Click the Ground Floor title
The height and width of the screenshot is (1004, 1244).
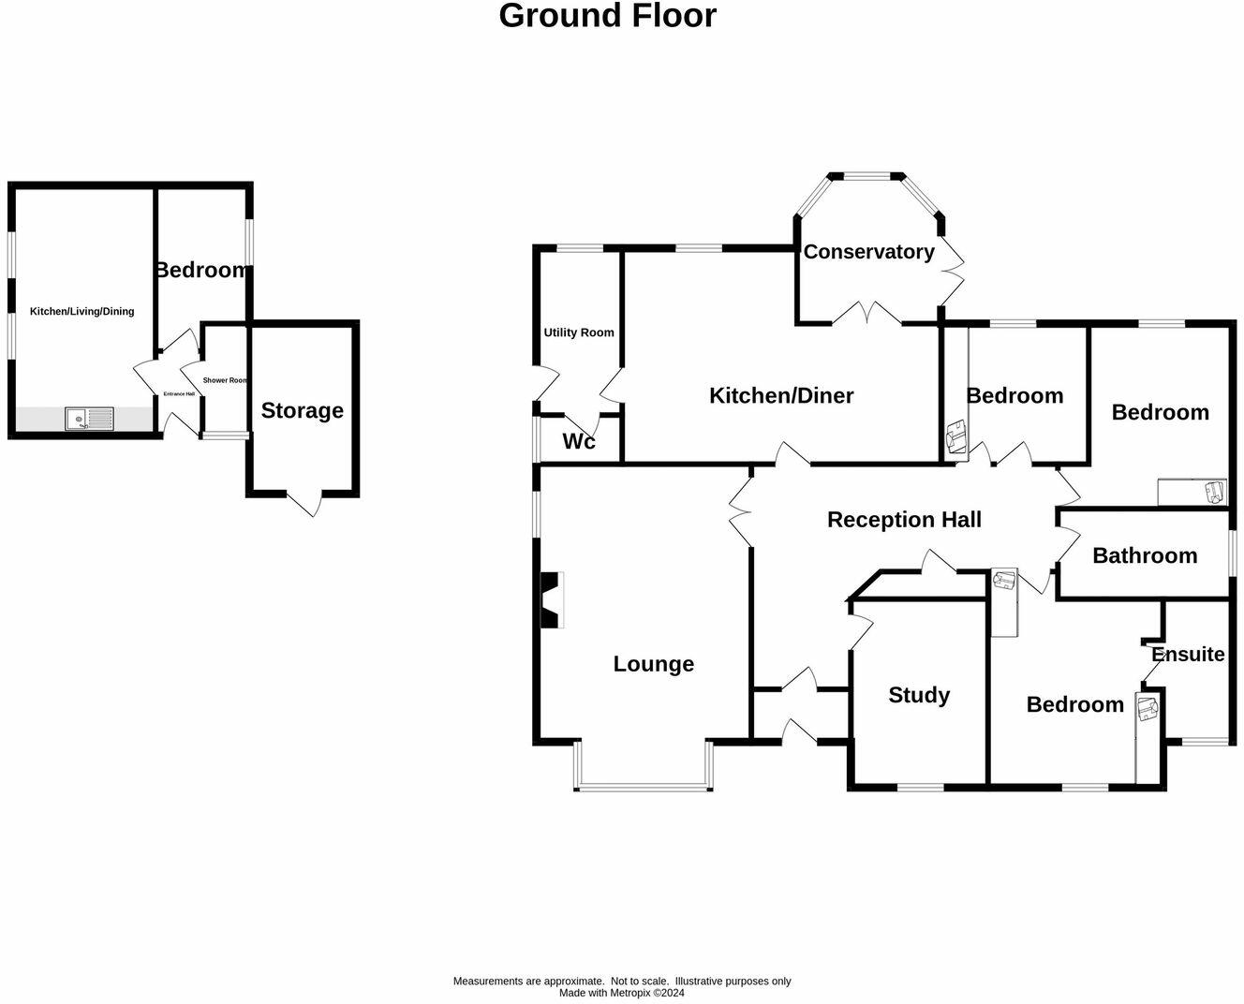pos(607,16)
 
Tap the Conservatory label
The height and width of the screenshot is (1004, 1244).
pos(868,252)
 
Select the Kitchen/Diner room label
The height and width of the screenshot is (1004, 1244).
pos(781,396)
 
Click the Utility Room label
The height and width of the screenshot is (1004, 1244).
pos(579,332)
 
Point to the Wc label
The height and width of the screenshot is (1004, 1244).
pos(579,442)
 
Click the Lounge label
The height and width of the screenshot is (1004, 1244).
pos(653,664)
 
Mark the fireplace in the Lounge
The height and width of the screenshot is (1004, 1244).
pos(551,600)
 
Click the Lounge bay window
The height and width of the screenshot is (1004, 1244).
pos(644,783)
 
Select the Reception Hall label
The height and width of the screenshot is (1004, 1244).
pos(904,520)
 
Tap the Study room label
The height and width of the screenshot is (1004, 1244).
pos(918,695)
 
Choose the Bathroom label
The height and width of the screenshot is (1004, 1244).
pos(1145,556)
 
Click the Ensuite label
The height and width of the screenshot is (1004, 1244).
pos(1188,655)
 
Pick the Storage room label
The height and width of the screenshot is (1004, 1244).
pos(302,410)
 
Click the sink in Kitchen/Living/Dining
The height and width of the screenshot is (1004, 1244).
pos(88,419)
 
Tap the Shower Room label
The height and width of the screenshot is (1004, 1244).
pos(225,380)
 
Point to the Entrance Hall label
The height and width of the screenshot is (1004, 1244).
pos(179,394)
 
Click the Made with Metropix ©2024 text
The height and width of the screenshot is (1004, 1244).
pos(622,993)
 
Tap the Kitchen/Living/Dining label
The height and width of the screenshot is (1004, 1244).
pos(81,312)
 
